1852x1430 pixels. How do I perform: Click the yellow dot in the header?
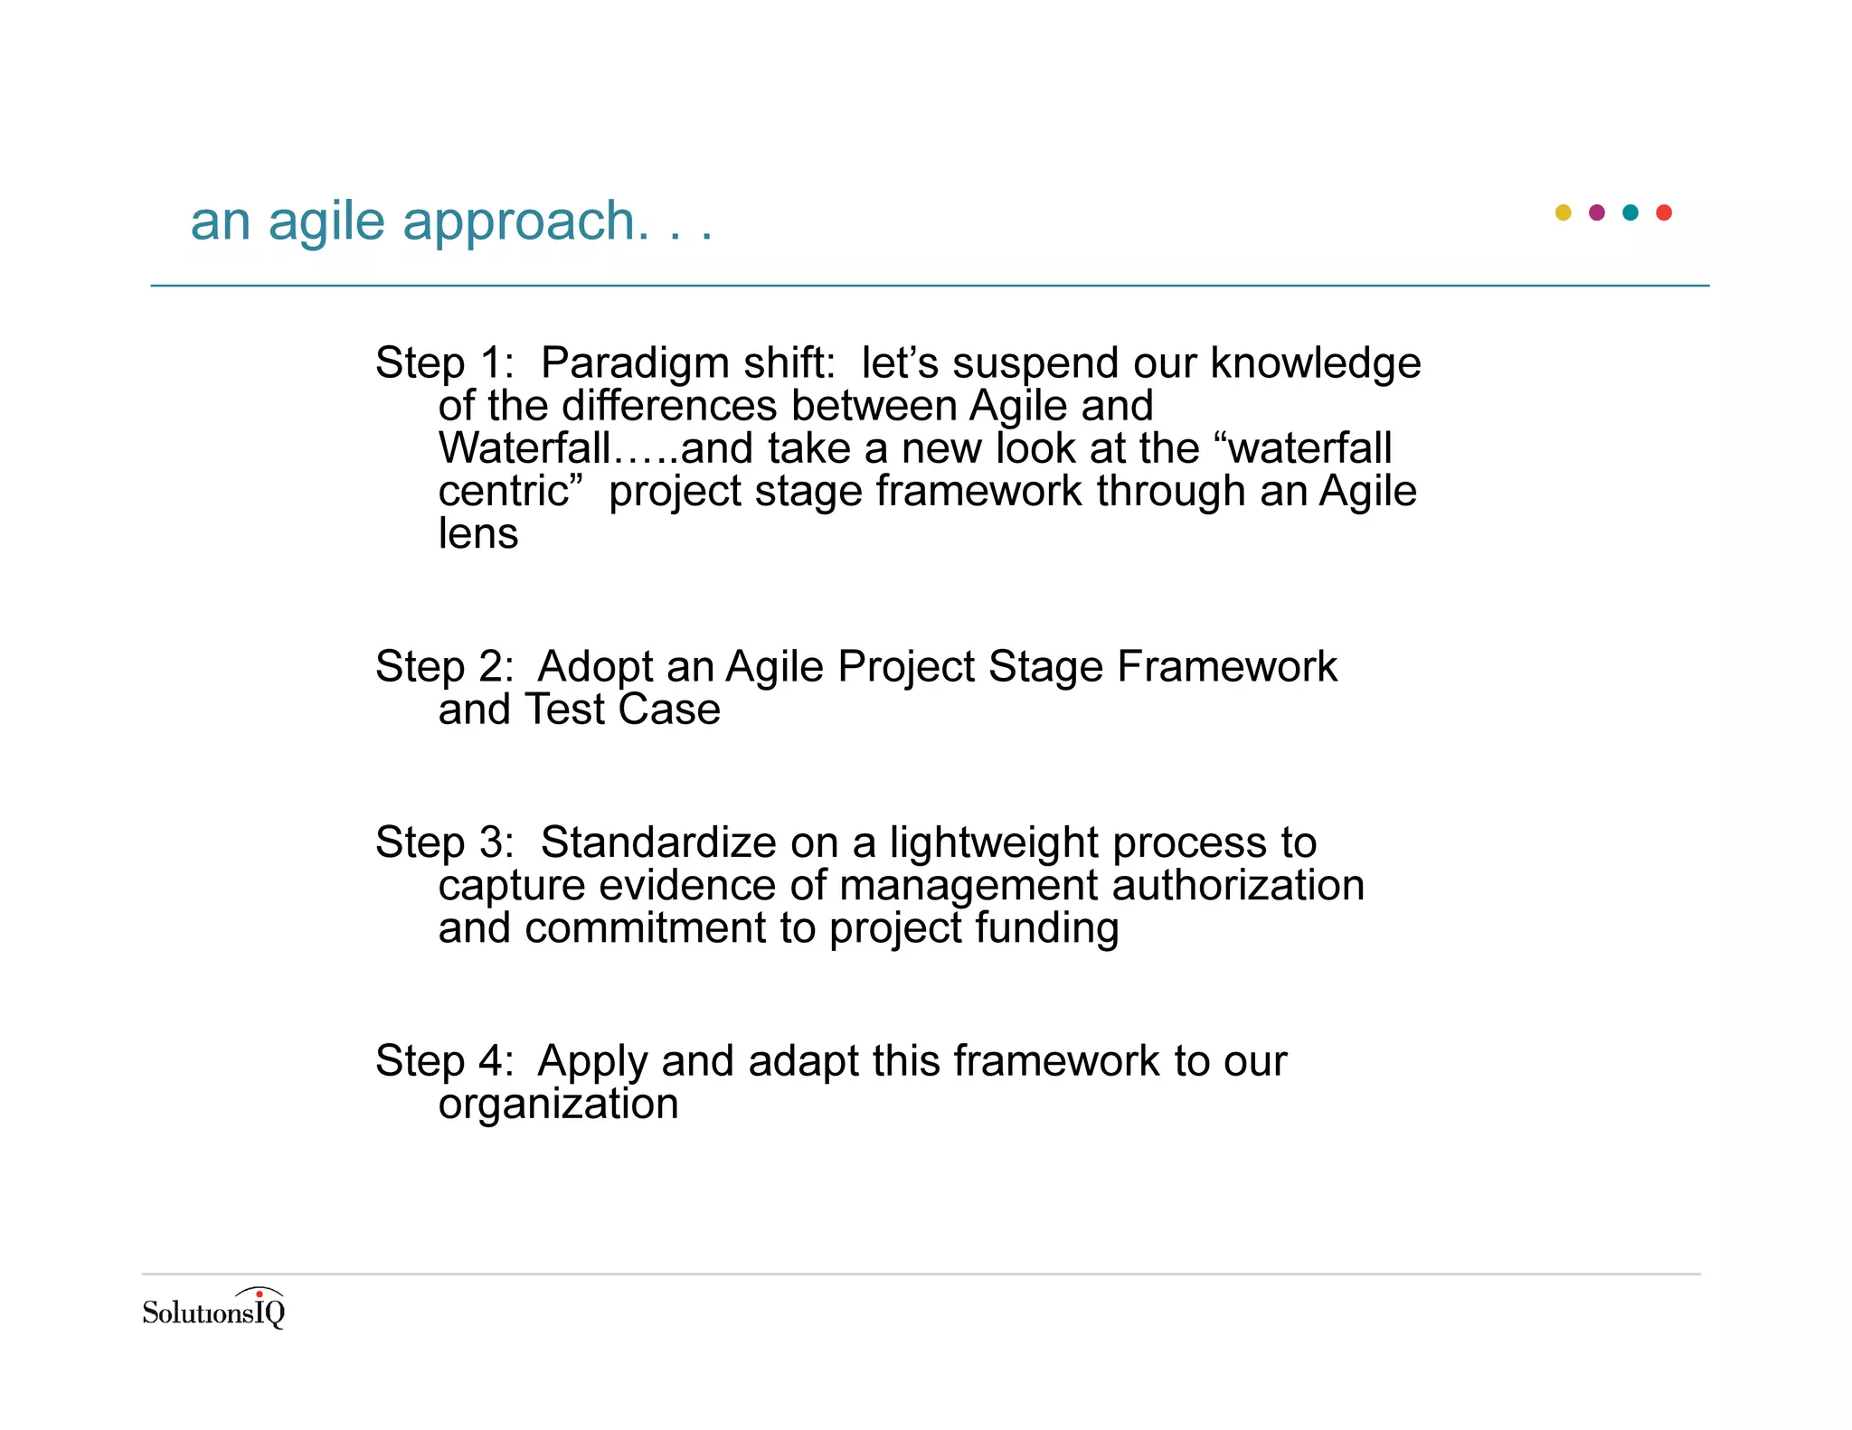tap(1563, 212)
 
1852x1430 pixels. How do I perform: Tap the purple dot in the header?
tap(1596, 212)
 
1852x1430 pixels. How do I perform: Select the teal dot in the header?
tap(1630, 212)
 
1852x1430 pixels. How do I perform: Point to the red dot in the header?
tap(1664, 212)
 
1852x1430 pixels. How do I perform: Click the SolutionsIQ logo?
tap(213, 1309)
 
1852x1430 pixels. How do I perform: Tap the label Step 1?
tap(444, 363)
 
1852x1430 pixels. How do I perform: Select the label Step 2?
tap(444, 667)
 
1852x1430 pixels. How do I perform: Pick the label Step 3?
tap(444, 842)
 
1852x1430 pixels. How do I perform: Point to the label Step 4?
tap(444, 1061)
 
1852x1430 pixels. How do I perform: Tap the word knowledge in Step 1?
tap(1315, 364)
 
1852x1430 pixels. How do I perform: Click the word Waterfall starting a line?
tap(524, 448)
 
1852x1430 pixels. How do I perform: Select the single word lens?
tap(478, 533)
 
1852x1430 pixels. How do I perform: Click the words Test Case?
tap(622, 710)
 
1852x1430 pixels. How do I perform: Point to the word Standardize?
tap(658, 842)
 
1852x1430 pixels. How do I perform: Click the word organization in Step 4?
tap(558, 1105)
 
